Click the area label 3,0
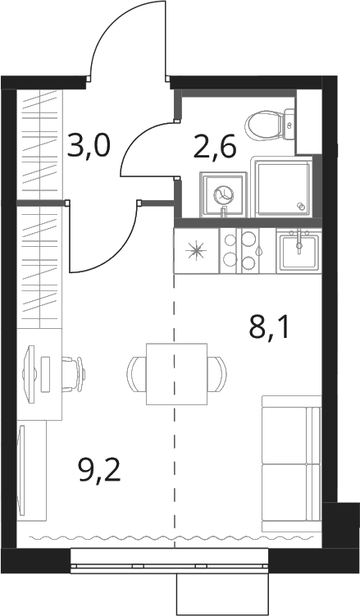coord(89,145)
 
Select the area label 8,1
coord(269,329)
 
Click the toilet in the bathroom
coord(270,125)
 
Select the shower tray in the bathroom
coord(285,188)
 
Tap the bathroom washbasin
coord(224,194)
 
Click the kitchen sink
coord(298,251)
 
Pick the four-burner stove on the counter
coord(241,250)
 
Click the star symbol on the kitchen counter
coord(197,251)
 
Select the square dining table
coord(176,373)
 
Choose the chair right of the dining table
coord(217,373)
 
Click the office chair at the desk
coord(74,373)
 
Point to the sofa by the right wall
coord(291,463)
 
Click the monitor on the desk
coord(29,373)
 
